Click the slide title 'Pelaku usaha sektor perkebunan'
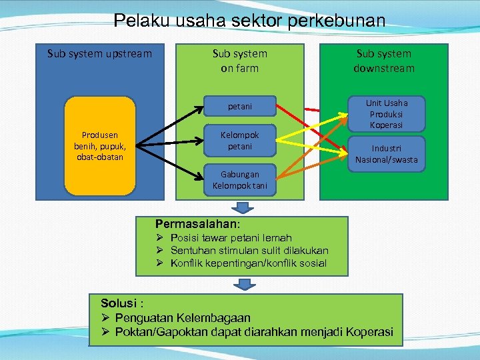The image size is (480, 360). [x=249, y=20]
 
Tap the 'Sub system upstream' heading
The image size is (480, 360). [x=99, y=53]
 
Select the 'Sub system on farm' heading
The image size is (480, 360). [x=239, y=61]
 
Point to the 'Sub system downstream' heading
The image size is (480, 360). [x=384, y=61]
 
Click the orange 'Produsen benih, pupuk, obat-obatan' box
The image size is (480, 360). [x=99, y=146]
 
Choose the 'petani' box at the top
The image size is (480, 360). [x=240, y=105]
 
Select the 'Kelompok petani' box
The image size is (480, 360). [x=240, y=140]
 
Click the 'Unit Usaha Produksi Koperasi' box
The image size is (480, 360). [x=387, y=114]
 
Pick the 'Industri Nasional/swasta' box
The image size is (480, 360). [x=387, y=154]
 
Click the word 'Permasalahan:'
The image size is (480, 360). [x=197, y=224]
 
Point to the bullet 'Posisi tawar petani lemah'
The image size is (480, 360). [x=231, y=238]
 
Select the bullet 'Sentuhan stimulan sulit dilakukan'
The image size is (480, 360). [x=249, y=251]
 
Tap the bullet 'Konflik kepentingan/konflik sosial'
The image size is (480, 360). [x=248, y=263]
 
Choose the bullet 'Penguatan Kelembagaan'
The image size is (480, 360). [x=182, y=318]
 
